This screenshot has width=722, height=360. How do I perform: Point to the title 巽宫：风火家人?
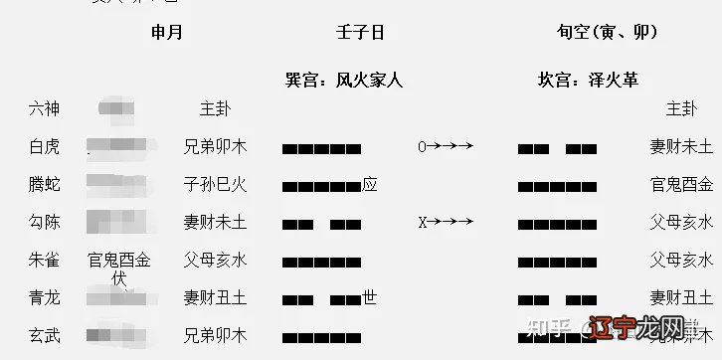(344, 78)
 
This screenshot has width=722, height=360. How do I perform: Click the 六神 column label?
(45, 108)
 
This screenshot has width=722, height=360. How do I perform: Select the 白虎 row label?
(45, 146)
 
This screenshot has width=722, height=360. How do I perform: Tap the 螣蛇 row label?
(45, 184)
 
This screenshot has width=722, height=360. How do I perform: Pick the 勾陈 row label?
(45, 222)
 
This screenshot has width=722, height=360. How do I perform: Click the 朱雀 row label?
(45, 260)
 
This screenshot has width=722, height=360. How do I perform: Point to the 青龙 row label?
(45, 297)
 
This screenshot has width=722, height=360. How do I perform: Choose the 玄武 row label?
(45, 335)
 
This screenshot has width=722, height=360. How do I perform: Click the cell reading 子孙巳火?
(216, 184)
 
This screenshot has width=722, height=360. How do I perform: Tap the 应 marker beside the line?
(370, 184)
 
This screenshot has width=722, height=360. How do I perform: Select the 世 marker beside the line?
(370, 296)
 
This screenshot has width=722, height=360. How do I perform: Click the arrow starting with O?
(445, 147)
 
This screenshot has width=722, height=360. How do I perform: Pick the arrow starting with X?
(445, 223)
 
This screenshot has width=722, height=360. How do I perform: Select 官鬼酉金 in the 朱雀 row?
(119, 260)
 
